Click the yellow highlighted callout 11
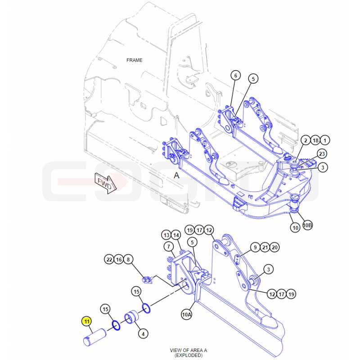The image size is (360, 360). click(86, 321)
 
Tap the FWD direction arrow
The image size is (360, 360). click(106, 184)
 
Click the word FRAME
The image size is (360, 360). click(134, 60)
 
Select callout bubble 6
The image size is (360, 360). click(235, 75)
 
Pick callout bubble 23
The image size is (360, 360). click(322, 153)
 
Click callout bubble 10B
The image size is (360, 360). click(307, 225)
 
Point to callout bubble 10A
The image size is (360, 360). click(186, 314)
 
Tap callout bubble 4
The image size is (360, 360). click(143, 333)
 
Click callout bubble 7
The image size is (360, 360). click(169, 247)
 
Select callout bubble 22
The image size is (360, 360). click(109, 260)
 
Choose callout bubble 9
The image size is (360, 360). click(255, 247)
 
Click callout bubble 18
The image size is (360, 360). click(315, 140)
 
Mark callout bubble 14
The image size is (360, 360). click(176, 235)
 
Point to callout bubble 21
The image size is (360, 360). click(265, 247)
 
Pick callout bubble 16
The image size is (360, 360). click(119, 260)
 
